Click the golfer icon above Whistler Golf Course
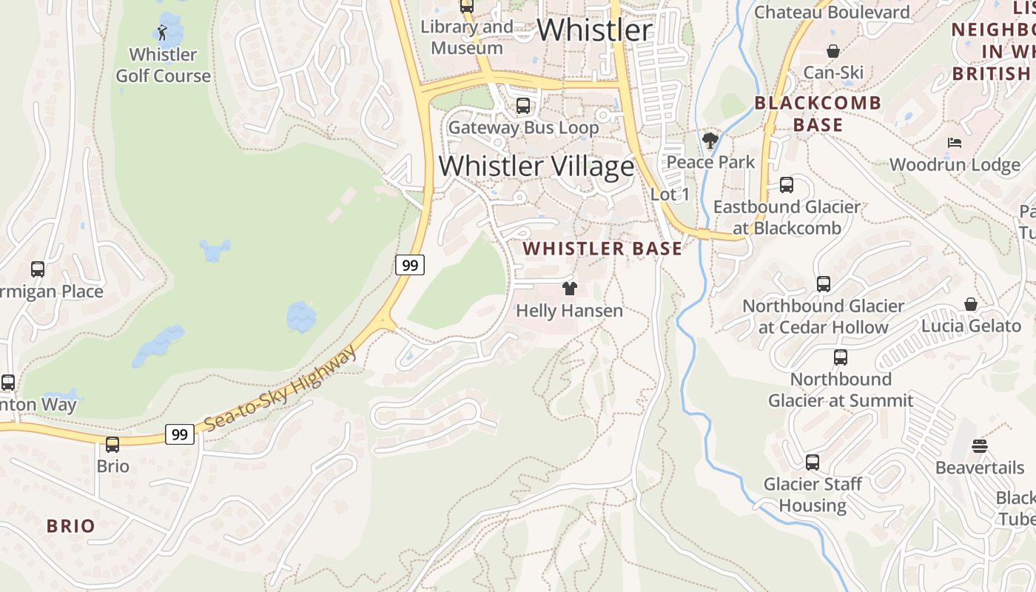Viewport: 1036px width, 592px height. [x=162, y=33]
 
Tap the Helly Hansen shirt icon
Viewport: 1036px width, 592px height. [x=569, y=289]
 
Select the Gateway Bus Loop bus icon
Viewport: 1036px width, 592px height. [x=522, y=106]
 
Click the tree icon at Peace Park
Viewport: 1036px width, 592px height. [x=710, y=140]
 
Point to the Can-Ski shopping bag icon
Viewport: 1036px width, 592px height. [x=833, y=51]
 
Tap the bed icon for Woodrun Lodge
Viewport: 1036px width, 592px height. [x=955, y=142]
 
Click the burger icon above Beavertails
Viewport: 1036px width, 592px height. [x=980, y=446]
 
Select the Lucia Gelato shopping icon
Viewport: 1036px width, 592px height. [x=970, y=304]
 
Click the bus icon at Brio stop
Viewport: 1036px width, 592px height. [x=112, y=445]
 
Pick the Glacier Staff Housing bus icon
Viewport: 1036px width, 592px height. [x=812, y=462]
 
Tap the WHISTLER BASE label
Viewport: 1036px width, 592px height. [x=602, y=249]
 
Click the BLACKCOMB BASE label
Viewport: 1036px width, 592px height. [x=818, y=113]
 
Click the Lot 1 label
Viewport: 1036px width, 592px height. [x=670, y=195]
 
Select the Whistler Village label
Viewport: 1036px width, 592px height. [x=536, y=166]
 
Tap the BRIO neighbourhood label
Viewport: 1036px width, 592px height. [x=71, y=526]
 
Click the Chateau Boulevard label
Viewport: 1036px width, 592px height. [x=832, y=13]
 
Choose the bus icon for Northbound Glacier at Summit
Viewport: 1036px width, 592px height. [x=840, y=357]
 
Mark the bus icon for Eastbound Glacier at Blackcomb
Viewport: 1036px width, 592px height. [x=786, y=185]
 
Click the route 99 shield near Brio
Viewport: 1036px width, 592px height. [x=179, y=434]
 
